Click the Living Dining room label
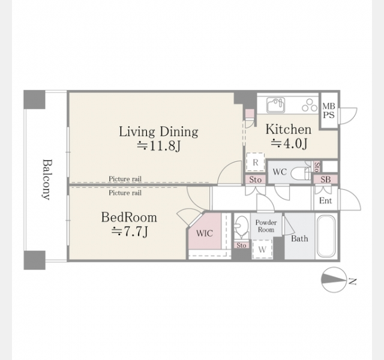(x=158, y=132)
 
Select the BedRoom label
(x=129, y=217)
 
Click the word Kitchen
(x=289, y=130)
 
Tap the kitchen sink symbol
(x=276, y=105)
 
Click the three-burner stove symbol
(x=310, y=105)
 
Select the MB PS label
(x=328, y=110)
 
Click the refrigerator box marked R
(x=256, y=162)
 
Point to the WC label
(x=280, y=172)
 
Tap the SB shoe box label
(x=326, y=179)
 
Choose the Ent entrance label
(x=325, y=200)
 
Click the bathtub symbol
(x=326, y=236)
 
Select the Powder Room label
(x=266, y=226)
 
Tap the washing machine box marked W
(x=262, y=249)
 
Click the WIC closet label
(x=205, y=233)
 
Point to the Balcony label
(x=47, y=179)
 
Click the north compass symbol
(x=334, y=280)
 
